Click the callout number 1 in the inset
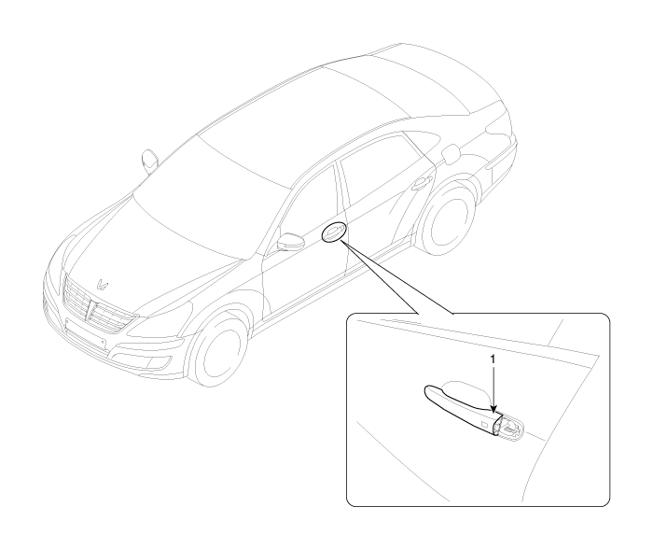click(x=493, y=359)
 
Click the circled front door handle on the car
click(x=333, y=232)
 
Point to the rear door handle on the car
click(x=421, y=183)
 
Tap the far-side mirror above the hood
click(x=148, y=161)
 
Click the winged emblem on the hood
click(x=102, y=284)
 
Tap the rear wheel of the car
click(x=448, y=219)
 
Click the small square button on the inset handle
click(x=484, y=425)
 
